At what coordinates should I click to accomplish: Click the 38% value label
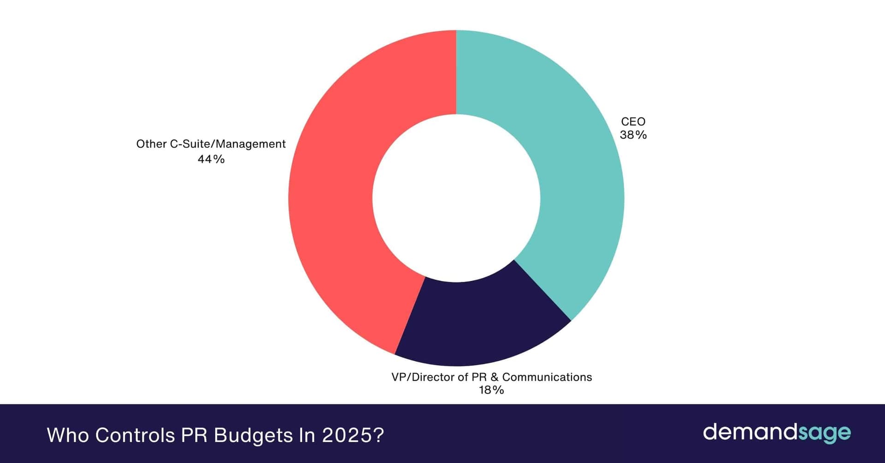tap(633, 135)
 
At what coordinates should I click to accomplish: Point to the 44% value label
tap(211, 159)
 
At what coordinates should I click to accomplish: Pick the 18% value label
tap(491, 390)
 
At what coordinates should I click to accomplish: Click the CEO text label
tap(633, 122)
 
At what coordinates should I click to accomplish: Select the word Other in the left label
tap(151, 144)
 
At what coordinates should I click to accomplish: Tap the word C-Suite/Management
tap(228, 144)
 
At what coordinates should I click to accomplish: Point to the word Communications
tap(547, 377)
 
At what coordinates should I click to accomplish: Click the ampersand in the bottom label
tap(494, 377)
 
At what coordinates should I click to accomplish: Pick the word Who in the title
tap(68, 435)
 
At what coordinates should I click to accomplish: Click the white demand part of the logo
tap(749, 432)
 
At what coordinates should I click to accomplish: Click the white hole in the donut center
tap(456, 198)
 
